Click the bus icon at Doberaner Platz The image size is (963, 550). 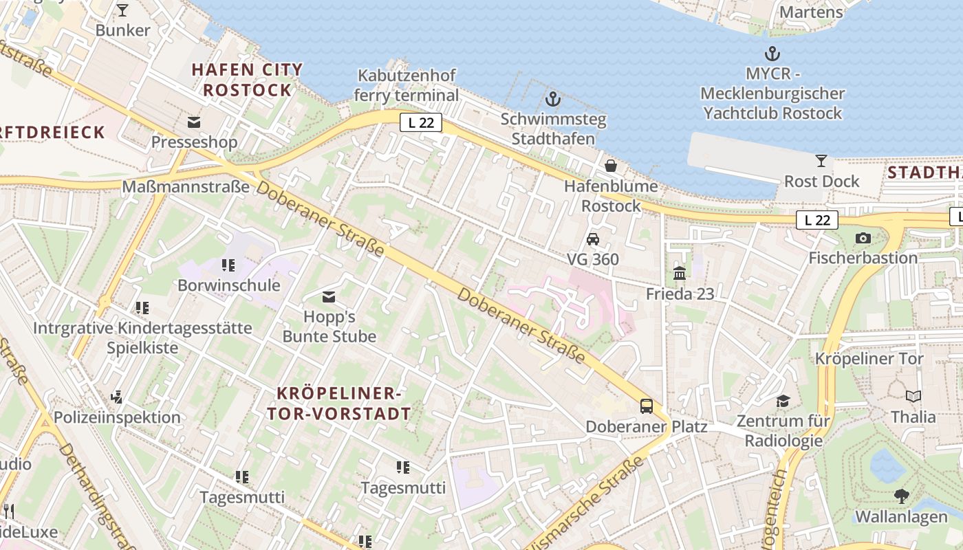[x=647, y=406]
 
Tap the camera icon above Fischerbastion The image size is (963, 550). [x=863, y=239]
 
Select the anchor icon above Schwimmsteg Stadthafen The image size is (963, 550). [x=553, y=99]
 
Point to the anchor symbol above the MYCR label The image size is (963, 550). [x=772, y=54]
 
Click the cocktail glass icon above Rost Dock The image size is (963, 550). [x=821, y=161]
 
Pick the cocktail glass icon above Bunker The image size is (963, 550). [x=122, y=10]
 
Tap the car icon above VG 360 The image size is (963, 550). [x=592, y=239]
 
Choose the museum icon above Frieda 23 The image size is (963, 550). [x=680, y=274]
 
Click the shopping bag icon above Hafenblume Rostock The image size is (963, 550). [x=610, y=166]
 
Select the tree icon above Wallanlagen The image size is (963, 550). [x=901, y=496]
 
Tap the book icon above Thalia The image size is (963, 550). [x=913, y=397]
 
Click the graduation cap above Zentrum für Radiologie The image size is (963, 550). [x=783, y=401]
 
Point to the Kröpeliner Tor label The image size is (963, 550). [x=869, y=358]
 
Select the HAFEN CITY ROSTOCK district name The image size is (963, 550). [x=248, y=80]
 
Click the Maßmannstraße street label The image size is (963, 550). [x=186, y=186]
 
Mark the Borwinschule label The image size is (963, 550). [x=229, y=285]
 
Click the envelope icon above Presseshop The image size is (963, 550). [x=194, y=122]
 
